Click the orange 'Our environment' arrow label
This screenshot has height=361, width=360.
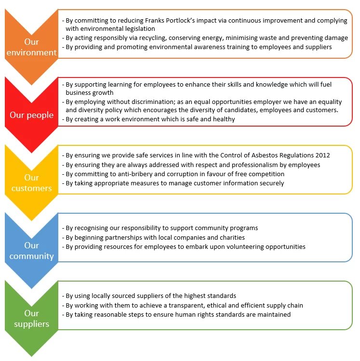pyautogui.click(x=31, y=47)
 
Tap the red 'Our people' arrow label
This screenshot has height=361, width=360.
pyautogui.click(x=31, y=116)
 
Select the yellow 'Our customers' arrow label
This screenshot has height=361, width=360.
pyautogui.click(x=31, y=182)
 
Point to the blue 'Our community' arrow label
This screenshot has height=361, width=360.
pyautogui.click(x=31, y=250)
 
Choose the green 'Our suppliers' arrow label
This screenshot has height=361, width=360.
pyautogui.click(x=31, y=318)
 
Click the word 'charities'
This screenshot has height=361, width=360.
pyautogui.click(x=229, y=237)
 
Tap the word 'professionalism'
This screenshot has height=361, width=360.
pyautogui.click(x=251, y=165)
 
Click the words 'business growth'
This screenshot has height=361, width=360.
pyautogui.click(x=90, y=92)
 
